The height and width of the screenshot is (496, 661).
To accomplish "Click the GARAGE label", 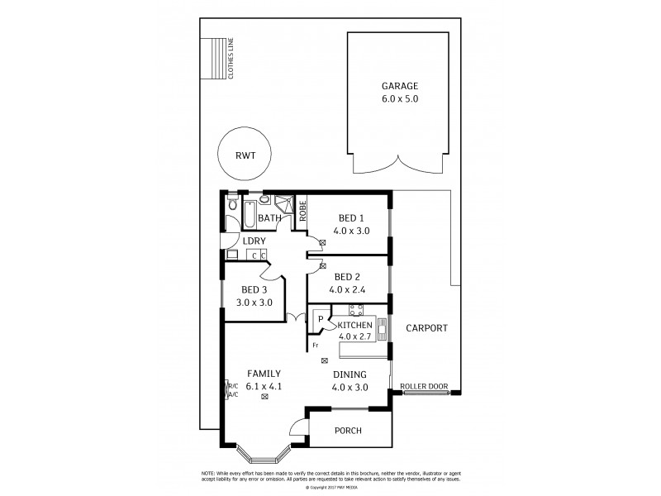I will (x=400, y=86).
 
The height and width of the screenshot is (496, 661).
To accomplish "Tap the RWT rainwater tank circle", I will (x=244, y=154).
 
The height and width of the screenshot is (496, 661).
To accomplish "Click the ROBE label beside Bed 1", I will (x=302, y=210).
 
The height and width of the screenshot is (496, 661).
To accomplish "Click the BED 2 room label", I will (x=347, y=277).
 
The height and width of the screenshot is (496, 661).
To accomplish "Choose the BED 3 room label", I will (x=254, y=289).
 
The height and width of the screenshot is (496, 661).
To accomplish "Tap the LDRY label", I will (x=254, y=241).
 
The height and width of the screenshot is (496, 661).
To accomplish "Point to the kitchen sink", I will (x=382, y=330).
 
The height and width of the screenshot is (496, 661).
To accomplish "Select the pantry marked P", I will (x=320, y=319).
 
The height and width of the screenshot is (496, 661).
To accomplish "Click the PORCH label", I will (x=347, y=431).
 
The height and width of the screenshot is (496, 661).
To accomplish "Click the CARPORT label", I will (x=426, y=328).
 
